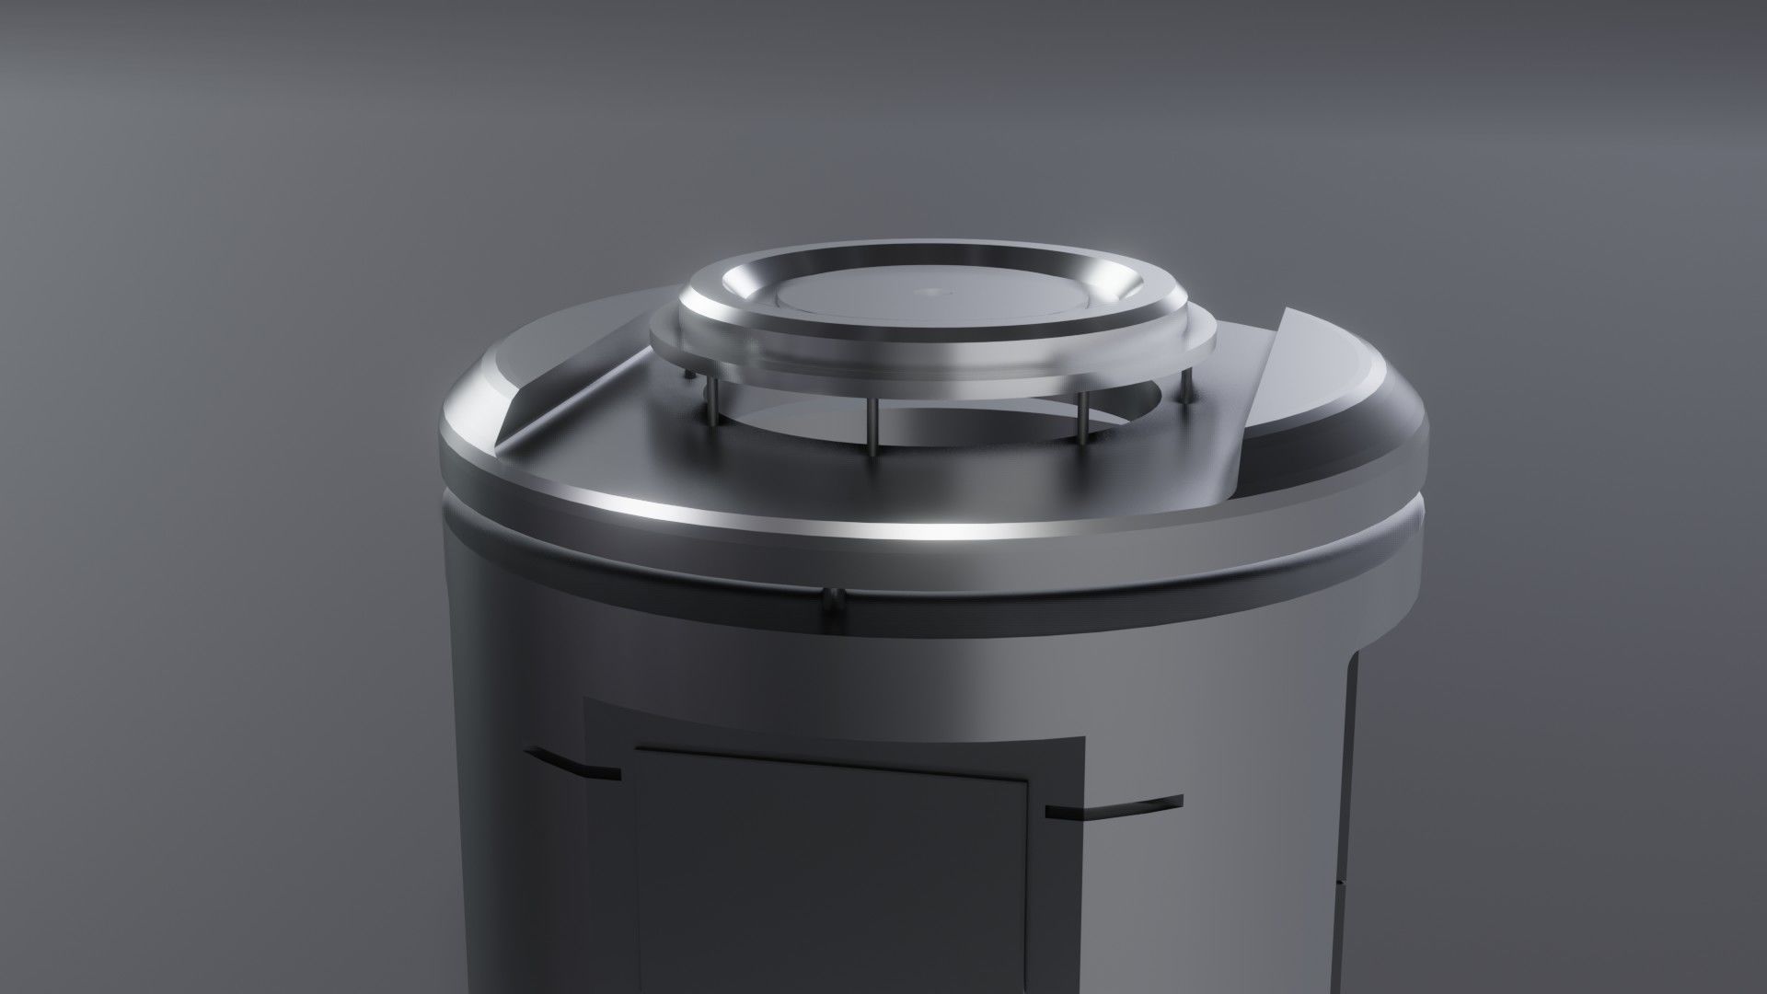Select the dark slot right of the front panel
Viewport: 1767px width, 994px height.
pyautogui.click(x=1114, y=807)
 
